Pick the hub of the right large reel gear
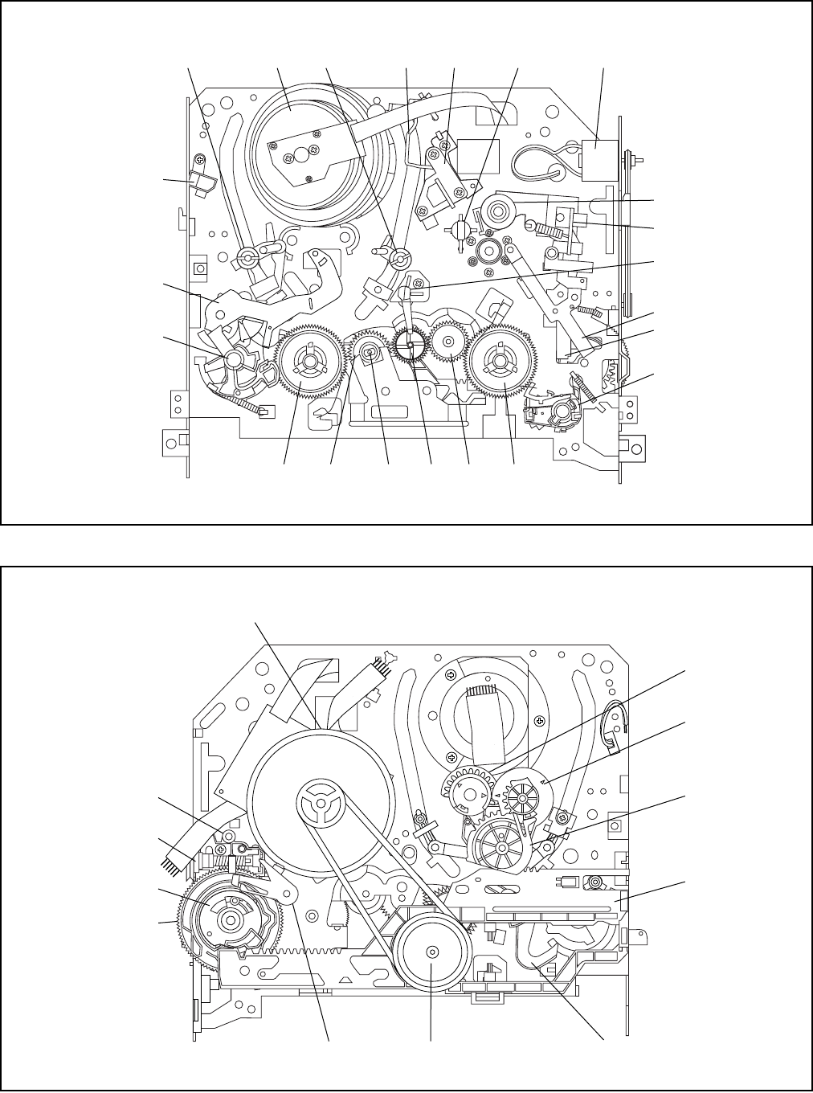coord(500,362)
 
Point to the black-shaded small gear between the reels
coord(410,346)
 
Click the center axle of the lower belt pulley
coord(431,953)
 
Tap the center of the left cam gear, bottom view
coord(231,919)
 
